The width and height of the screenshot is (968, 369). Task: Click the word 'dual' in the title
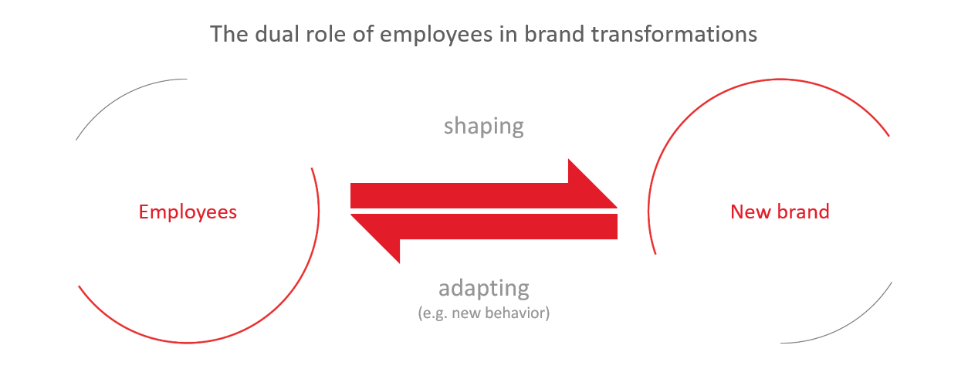(x=277, y=34)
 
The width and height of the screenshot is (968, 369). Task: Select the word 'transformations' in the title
(x=674, y=34)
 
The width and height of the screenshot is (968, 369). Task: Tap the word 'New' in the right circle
(x=750, y=212)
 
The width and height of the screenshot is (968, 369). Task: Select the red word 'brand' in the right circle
(x=803, y=212)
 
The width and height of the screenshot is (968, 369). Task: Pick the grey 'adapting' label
(x=483, y=289)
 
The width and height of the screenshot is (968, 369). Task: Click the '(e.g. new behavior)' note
(x=483, y=313)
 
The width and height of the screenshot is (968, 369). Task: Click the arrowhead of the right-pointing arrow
(x=593, y=184)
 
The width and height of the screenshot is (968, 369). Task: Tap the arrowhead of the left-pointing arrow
(x=375, y=239)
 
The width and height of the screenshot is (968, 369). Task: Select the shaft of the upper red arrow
(x=459, y=196)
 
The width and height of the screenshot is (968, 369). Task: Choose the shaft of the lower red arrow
(x=509, y=226)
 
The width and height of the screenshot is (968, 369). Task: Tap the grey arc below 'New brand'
(x=846, y=327)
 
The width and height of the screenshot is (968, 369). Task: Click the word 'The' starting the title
(x=229, y=34)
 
